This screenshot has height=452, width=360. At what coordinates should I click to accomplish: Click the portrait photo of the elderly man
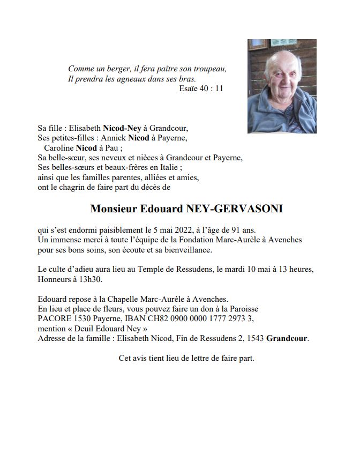[282, 86]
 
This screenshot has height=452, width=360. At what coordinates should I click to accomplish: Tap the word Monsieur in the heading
[115, 209]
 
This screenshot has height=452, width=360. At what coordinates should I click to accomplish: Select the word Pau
[113, 148]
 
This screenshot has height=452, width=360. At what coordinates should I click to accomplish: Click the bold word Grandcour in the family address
[287, 338]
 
